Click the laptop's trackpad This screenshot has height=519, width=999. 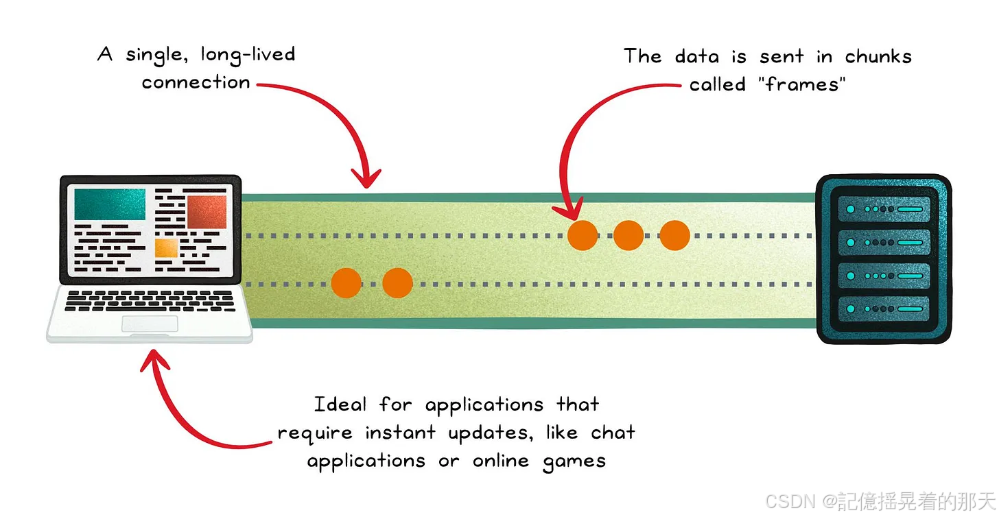(x=150, y=324)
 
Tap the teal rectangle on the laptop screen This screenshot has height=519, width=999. (x=110, y=204)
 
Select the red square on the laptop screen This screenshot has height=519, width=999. (x=207, y=211)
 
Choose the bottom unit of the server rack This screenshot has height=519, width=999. (x=883, y=309)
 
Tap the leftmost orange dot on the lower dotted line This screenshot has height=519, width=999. (x=346, y=282)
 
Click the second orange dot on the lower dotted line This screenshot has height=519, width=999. (x=397, y=282)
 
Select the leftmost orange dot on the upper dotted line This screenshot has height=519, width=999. (x=583, y=235)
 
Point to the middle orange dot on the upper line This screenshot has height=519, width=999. (x=628, y=235)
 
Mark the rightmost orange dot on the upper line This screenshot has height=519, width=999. (x=674, y=235)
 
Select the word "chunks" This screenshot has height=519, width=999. (x=878, y=56)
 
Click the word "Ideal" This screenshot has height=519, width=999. (x=340, y=405)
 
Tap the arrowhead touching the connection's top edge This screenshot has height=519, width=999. (x=369, y=180)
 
